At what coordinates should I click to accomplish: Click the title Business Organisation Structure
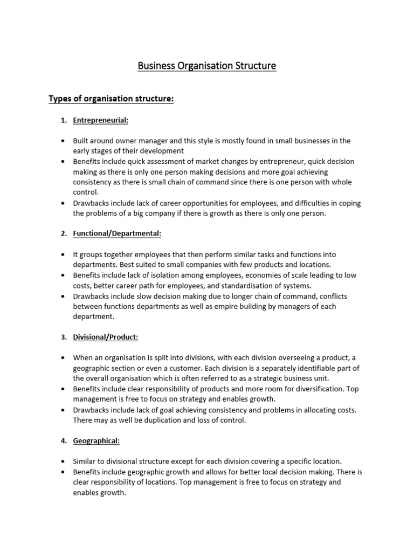[206, 66]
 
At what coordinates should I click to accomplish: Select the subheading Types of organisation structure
[111, 99]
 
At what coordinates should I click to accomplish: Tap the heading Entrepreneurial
[101, 120]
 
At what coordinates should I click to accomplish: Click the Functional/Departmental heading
[117, 233]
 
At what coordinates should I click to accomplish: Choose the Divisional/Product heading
[106, 337]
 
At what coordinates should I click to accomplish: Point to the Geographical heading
[96, 440]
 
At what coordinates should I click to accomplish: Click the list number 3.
[63, 337]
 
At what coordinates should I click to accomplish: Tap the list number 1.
[63, 120]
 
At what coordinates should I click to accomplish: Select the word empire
[248, 307]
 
